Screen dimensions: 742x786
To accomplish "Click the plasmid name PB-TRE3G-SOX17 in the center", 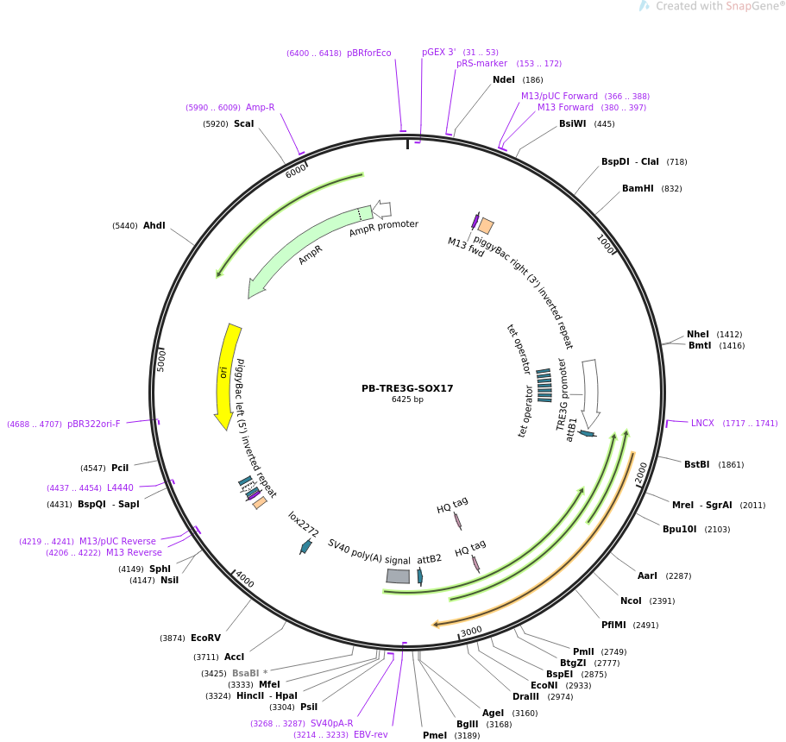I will click(x=407, y=388).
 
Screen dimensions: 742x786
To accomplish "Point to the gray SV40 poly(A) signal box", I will click(x=398, y=575).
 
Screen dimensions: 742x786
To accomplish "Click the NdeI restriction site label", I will click(x=504, y=80).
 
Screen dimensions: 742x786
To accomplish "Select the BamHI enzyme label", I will click(x=638, y=189).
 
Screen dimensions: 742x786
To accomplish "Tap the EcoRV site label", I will click(x=205, y=638).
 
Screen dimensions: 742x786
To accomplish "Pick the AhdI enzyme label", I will click(x=154, y=226).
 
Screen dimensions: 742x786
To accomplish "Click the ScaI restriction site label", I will click(x=244, y=124).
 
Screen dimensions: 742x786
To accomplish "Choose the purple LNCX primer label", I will click(x=702, y=423).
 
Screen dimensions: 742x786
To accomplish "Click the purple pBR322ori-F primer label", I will click(x=94, y=424).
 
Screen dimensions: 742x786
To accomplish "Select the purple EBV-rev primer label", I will click(x=370, y=734).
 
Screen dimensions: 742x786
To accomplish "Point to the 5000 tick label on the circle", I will click(x=161, y=359).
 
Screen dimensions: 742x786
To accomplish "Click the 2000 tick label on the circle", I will click(x=641, y=473).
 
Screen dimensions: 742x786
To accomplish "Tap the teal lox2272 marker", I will click(x=305, y=546).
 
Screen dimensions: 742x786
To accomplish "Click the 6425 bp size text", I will click(x=407, y=399).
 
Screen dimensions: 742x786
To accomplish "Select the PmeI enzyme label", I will click(x=435, y=735).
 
